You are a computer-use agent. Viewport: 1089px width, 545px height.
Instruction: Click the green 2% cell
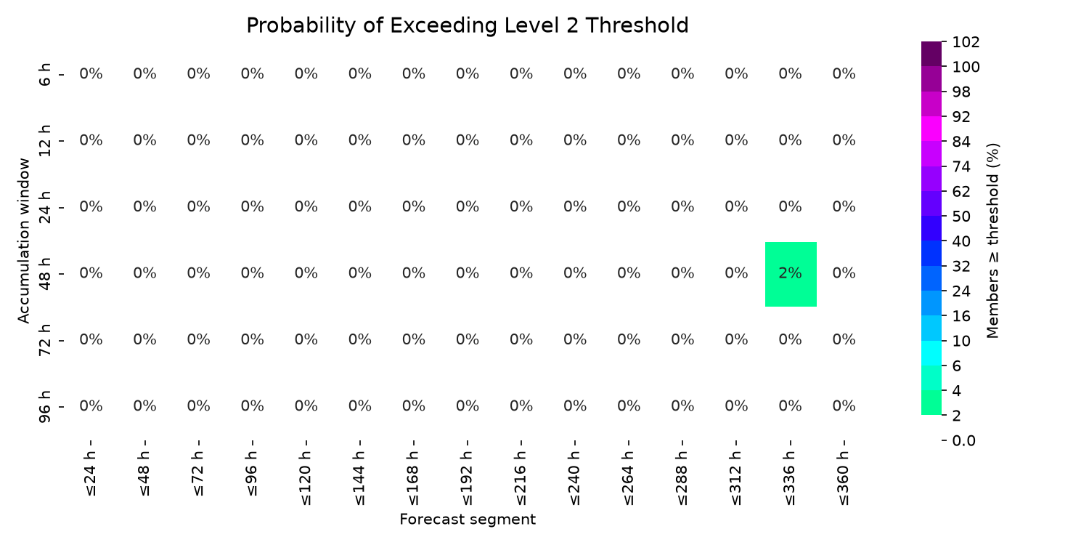pos(791,274)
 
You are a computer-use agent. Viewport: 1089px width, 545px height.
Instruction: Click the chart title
pos(468,25)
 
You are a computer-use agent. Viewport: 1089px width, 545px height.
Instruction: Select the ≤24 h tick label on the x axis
pos(91,474)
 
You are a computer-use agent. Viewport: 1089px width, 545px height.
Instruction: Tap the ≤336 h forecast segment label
pos(790,478)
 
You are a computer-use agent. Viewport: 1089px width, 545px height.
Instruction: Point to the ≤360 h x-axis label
pos(844,478)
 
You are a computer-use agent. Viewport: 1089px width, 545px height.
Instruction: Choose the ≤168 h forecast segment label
pos(414,478)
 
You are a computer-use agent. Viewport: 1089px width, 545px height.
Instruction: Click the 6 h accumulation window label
pos(44,74)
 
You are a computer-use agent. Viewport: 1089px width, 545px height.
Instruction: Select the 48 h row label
pos(44,274)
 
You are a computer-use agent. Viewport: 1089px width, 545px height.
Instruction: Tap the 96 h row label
pos(44,407)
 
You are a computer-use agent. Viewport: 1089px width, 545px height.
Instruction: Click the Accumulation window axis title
pos(23,241)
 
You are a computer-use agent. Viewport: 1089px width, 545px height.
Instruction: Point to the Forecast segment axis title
pos(468,520)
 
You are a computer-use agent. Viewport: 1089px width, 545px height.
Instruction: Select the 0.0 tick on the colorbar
pos(963,440)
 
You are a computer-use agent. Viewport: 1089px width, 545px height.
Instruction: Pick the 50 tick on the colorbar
pos(961,216)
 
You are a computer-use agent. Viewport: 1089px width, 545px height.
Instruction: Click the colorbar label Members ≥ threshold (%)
pos(992,241)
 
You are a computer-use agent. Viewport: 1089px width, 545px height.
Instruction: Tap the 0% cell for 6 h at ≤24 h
pos(91,74)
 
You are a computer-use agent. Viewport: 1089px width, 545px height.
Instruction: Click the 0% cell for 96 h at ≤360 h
pos(844,405)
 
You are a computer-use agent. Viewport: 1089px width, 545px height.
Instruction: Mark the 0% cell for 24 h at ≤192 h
pos(468,207)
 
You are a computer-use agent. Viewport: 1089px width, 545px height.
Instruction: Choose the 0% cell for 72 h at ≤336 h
pos(790,339)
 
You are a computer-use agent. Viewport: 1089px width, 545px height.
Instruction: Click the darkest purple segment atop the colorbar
pos(931,54)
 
